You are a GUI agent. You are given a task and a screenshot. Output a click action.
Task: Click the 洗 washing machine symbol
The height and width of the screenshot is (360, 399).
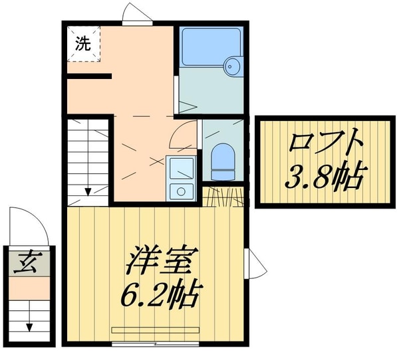82,44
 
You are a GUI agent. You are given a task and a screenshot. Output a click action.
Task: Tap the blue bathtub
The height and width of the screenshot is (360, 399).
210,47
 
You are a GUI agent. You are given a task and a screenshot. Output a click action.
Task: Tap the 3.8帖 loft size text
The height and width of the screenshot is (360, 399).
324,177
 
